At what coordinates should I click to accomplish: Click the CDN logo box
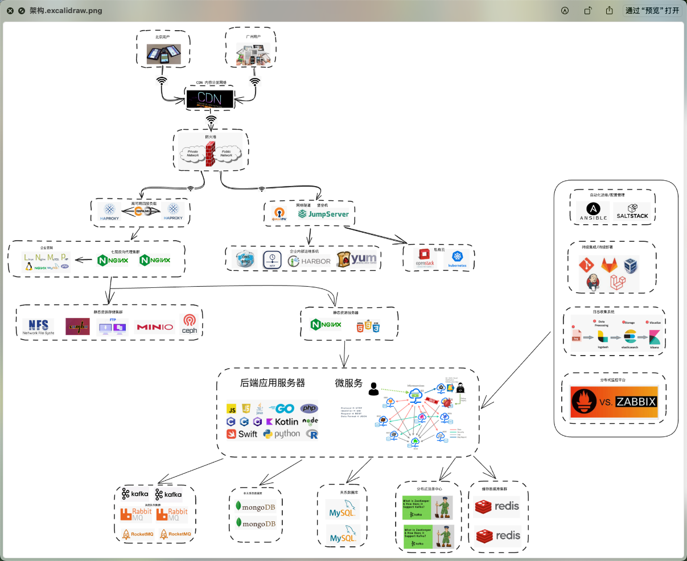[x=209, y=98]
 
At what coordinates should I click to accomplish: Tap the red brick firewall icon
[x=210, y=154]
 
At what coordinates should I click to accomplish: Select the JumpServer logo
[x=324, y=214]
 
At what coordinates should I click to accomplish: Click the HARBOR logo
[x=310, y=261]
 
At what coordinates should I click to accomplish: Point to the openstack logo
[x=425, y=257]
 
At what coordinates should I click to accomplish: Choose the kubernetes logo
[x=457, y=259]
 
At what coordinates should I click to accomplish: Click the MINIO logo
[x=154, y=327]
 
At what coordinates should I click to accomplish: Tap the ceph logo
[x=189, y=324]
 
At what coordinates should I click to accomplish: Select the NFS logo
[x=39, y=327]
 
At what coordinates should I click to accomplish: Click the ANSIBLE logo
[x=593, y=212]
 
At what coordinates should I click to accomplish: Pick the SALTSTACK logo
[x=632, y=212]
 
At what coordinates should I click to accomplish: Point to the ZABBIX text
[x=636, y=402]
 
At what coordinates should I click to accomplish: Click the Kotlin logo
[x=282, y=422]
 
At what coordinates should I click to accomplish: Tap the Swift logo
[x=242, y=434]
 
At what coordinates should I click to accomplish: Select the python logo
[x=282, y=434]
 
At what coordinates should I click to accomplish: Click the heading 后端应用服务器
[x=272, y=383]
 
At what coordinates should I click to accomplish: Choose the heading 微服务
[x=348, y=383]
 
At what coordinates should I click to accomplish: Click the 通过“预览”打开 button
[x=652, y=10]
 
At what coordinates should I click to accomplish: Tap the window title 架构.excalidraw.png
[x=66, y=10]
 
